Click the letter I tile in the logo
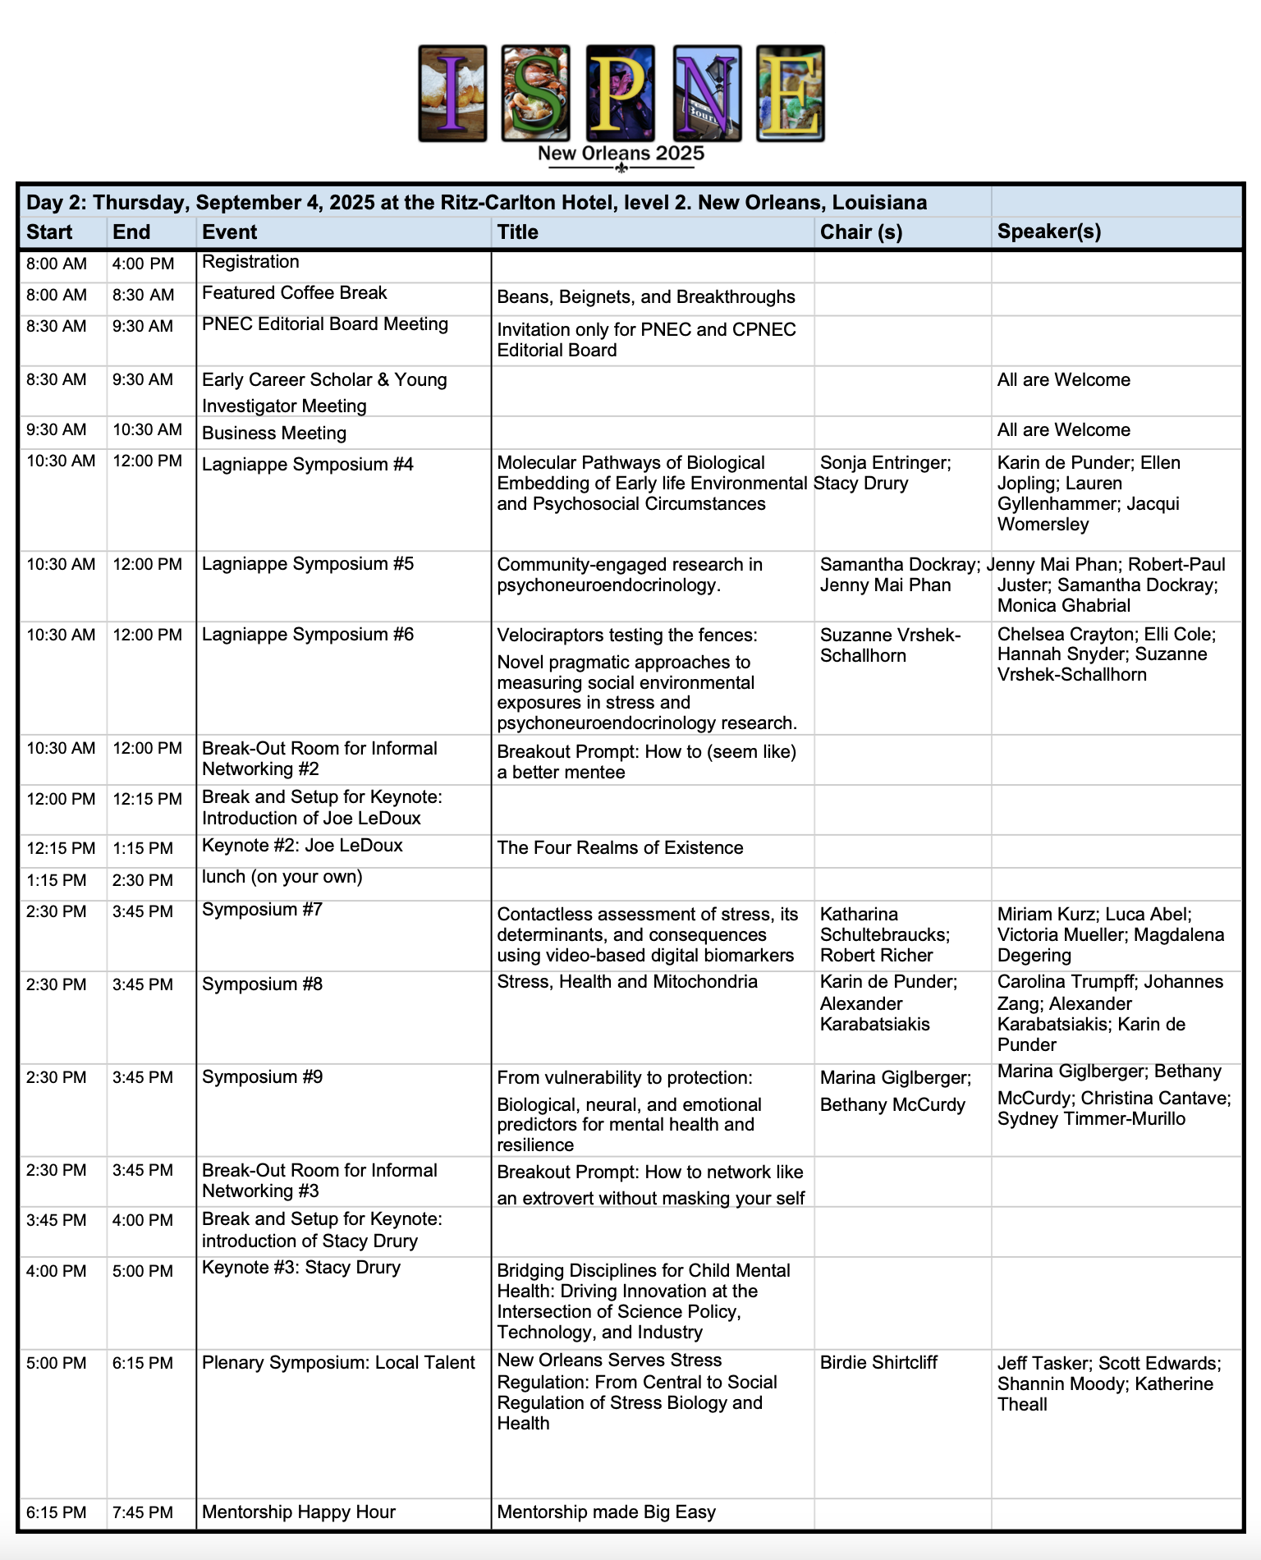pyautogui.click(x=452, y=94)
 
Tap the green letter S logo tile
pyautogui.click(x=536, y=94)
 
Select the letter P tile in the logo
pyautogui.click(x=621, y=94)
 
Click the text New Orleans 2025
pyautogui.click(x=621, y=154)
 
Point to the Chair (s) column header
pyautogui.click(x=861, y=232)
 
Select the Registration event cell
pyautogui.click(x=250, y=262)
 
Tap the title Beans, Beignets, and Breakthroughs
pyautogui.click(x=645, y=297)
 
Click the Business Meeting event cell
pyautogui.click(x=274, y=434)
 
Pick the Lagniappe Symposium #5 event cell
pyautogui.click(x=308, y=564)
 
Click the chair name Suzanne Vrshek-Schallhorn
pyautogui.click(x=890, y=645)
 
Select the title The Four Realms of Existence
pyautogui.click(x=620, y=848)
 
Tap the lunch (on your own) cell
pyautogui.click(x=282, y=877)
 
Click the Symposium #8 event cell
pyautogui.click(x=263, y=984)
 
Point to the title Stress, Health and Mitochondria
pyautogui.click(x=627, y=982)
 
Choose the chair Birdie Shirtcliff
pyautogui.click(x=878, y=1363)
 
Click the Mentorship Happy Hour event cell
pyautogui.click(x=299, y=1512)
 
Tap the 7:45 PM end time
pyautogui.click(x=143, y=1512)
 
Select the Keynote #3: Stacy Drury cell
pyautogui.click(x=301, y=1268)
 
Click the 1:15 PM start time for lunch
pyautogui.click(x=56, y=880)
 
